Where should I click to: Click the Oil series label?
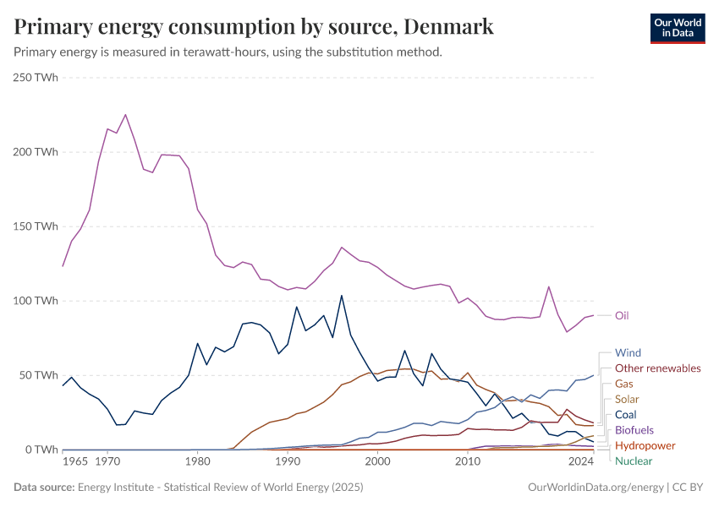622,315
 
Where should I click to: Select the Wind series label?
628,352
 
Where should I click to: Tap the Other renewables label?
657,368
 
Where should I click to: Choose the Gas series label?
624,384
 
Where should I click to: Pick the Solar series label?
628,399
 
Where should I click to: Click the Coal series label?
626,414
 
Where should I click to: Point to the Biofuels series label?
634,430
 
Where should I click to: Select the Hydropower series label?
645,445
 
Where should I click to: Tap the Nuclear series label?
634,461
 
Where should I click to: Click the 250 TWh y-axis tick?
36,78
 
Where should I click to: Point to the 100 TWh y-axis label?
36,301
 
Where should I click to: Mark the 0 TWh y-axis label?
41,450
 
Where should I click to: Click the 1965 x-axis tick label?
74,463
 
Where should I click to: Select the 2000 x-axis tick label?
377,463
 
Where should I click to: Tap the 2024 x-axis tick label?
581,463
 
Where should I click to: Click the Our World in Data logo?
677,28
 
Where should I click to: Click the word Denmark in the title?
448,27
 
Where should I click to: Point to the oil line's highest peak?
125,114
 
